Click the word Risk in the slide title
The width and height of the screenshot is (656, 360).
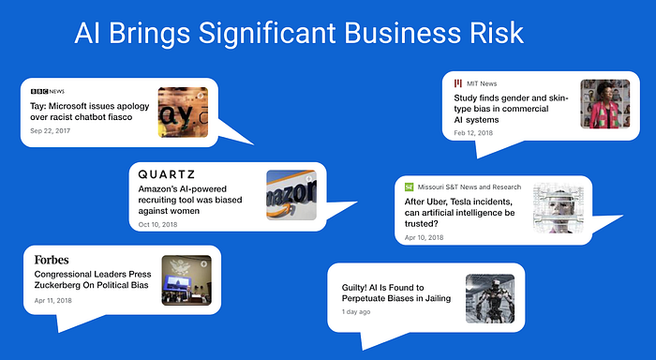497,33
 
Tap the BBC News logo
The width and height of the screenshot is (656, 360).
48,91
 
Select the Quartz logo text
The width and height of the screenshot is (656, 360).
167,174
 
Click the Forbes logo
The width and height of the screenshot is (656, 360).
52,260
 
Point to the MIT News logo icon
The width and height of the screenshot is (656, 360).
458,83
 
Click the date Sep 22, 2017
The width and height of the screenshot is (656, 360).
51,130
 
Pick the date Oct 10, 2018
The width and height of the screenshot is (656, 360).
157,224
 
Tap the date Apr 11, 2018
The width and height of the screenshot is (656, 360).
53,300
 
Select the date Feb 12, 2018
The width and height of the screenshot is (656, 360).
473,133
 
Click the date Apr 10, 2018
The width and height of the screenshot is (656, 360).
424,237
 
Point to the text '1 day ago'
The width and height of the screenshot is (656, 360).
356,311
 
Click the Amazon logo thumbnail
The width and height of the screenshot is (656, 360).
291,195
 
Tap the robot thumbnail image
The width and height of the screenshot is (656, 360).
490,298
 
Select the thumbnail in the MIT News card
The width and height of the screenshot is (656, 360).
605,104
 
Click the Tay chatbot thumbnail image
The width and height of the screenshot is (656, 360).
183,112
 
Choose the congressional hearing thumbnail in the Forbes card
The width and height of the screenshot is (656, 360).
186,280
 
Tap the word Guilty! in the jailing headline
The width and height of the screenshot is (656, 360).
354,288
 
